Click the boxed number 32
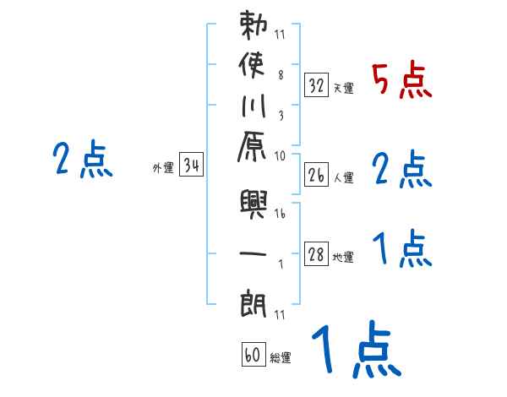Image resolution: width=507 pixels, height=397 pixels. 317,84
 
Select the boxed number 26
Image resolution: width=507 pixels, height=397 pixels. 317,175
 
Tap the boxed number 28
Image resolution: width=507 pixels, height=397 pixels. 317,255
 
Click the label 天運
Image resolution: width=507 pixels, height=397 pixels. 343,88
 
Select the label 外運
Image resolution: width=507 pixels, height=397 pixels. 163,168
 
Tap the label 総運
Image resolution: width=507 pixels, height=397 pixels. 281,358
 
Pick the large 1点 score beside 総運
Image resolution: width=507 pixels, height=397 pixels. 354,350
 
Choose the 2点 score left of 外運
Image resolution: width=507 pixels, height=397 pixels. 83,159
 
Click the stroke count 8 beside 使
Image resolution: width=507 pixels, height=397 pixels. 280,74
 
